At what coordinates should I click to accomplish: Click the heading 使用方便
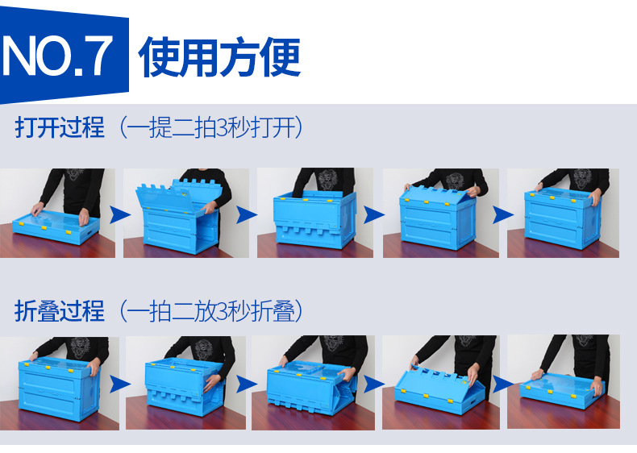click(x=219, y=56)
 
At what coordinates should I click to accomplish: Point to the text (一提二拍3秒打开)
click(x=211, y=127)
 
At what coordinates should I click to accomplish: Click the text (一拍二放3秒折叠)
click(x=211, y=310)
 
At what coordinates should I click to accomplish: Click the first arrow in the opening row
click(x=119, y=214)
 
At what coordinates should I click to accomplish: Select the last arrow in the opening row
click(x=502, y=214)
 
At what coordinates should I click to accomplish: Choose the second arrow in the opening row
click(x=246, y=214)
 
